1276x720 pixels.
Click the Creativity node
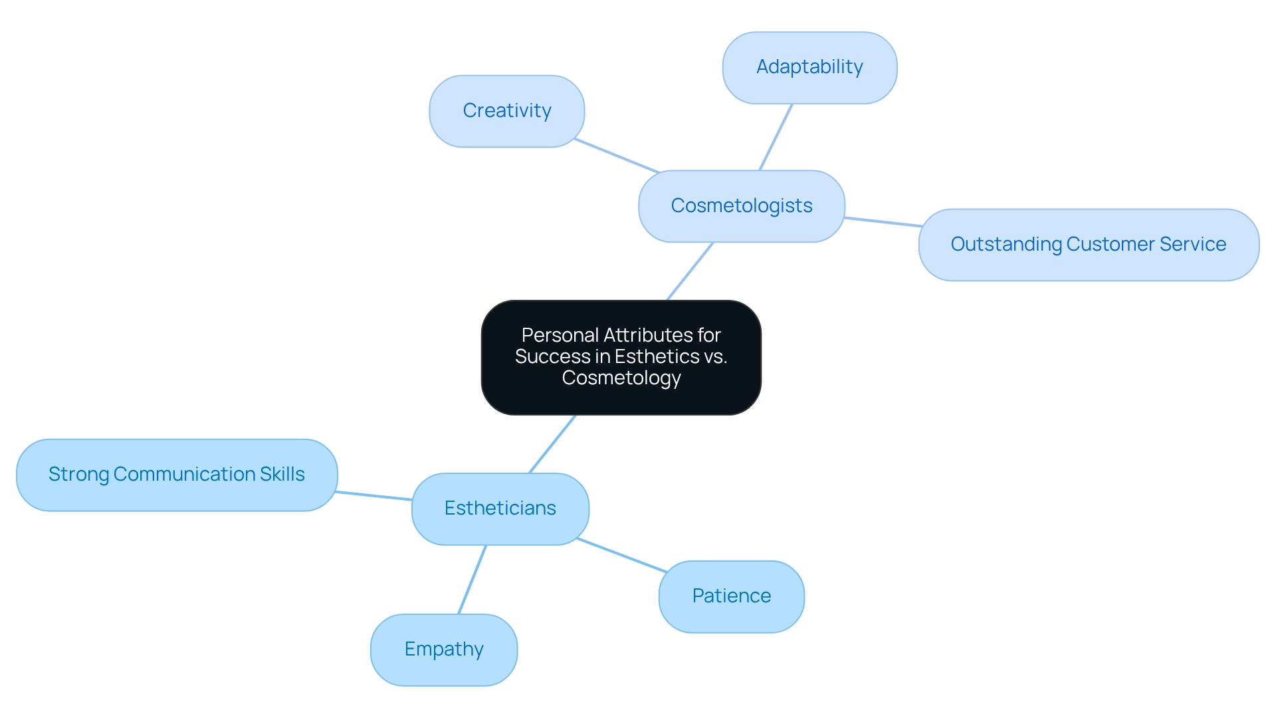[506, 111]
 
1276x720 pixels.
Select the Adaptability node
[809, 67]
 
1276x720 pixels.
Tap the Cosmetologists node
[741, 206]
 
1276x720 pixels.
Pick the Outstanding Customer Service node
[1088, 245]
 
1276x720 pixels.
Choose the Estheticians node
[500, 509]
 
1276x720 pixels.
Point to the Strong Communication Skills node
[177, 475]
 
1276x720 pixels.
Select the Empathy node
[444, 650]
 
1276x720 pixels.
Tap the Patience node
[731, 596]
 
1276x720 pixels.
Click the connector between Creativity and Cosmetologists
[616, 156]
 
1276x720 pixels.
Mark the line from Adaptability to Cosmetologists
[776, 137]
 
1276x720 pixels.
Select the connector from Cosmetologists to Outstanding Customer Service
[882, 222]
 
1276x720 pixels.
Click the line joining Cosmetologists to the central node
[690, 271]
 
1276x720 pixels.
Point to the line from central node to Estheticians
[552, 444]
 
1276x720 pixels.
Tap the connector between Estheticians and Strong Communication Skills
[374, 496]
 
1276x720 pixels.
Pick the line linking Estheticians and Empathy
[472, 580]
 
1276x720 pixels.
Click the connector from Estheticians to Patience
[621, 555]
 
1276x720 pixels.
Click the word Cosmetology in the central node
[621, 378]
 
